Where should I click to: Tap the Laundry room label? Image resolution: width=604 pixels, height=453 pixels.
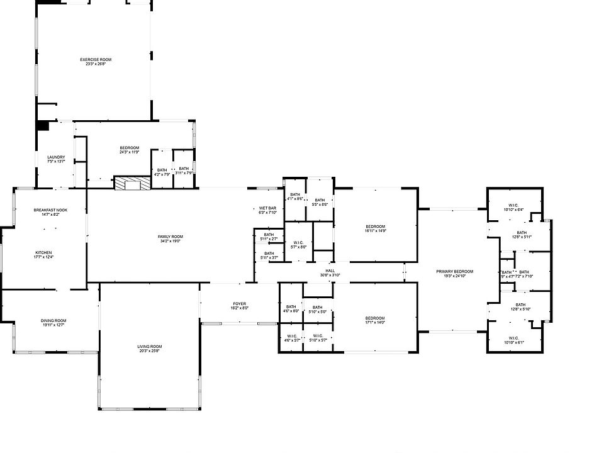tap(56, 159)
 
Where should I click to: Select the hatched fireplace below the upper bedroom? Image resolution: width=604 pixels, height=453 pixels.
tap(133, 183)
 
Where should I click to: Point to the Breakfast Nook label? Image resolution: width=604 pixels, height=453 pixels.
tap(50, 212)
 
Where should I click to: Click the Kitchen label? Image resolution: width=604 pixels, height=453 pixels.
tap(43, 254)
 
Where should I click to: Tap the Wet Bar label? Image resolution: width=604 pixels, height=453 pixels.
tap(268, 210)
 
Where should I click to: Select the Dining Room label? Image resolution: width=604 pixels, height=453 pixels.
tap(54, 323)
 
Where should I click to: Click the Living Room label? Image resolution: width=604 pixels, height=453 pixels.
tap(150, 349)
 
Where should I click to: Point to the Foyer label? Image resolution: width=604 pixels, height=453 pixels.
tap(238, 306)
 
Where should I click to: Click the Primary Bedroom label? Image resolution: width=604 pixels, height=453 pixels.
tap(455, 274)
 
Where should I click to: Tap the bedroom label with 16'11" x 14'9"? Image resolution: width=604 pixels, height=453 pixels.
tap(375, 228)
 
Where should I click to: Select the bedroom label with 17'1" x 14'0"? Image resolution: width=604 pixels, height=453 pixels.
tap(375, 320)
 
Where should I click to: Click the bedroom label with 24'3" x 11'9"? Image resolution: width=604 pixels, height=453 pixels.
tap(129, 150)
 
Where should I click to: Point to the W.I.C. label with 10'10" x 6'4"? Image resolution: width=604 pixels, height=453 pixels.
tap(513, 208)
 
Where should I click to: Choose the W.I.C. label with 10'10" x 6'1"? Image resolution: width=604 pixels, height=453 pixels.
tap(513, 340)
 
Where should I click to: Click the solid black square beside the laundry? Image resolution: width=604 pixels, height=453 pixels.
tap(42, 125)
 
